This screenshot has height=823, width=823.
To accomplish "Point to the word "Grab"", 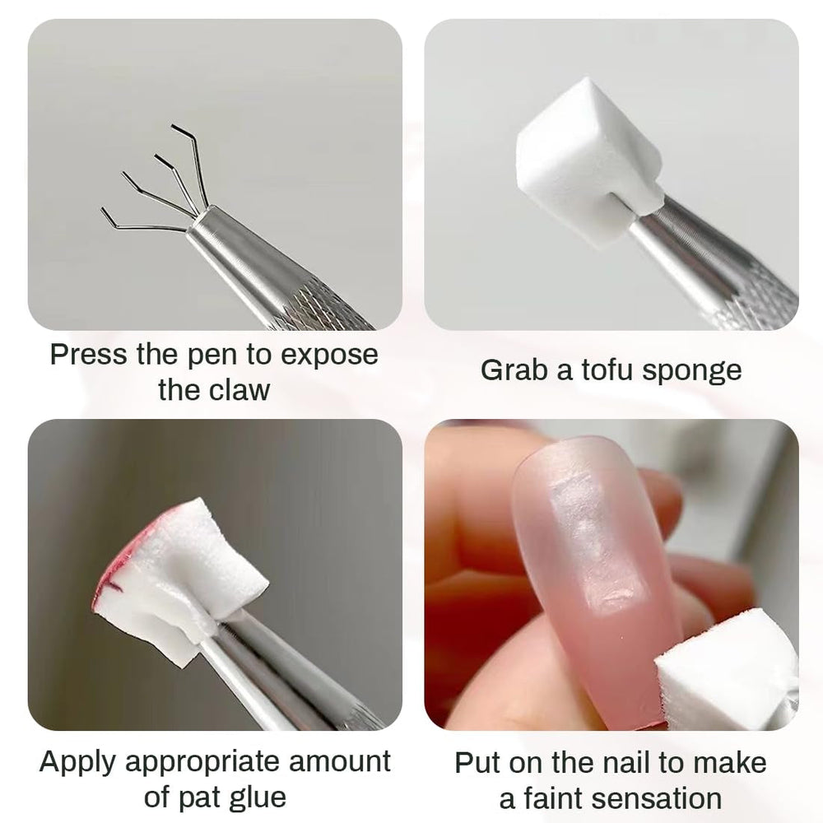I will click(x=514, y=370).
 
